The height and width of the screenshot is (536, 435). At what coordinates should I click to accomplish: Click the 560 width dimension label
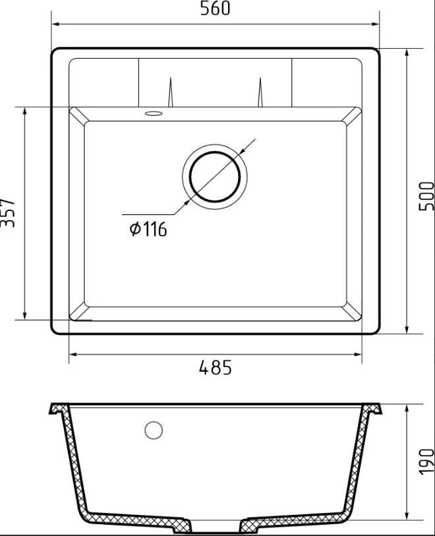click(x=216, y=9)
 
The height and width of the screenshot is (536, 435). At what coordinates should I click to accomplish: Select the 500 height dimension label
click(x=426, y=196)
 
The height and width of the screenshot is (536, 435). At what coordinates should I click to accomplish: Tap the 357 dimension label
click(x=7, y=213)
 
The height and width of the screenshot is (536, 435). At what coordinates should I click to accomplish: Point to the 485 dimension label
click(x=216, y=368)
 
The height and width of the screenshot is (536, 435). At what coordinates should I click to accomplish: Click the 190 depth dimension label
click(x=426, y=461)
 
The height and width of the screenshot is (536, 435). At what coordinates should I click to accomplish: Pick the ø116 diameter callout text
click(x=148, y=229)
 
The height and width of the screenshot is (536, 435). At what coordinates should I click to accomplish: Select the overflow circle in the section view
click(x=154, y=431)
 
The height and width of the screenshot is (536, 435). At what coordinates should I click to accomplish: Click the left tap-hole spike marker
click(x=170, y=92)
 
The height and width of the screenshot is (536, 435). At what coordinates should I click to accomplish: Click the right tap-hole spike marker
click(x=260, y=92)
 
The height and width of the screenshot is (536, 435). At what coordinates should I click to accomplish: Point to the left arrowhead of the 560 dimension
click(x=56, y=24)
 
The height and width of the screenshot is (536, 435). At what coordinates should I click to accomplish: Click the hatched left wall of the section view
click(x=71, y=462)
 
